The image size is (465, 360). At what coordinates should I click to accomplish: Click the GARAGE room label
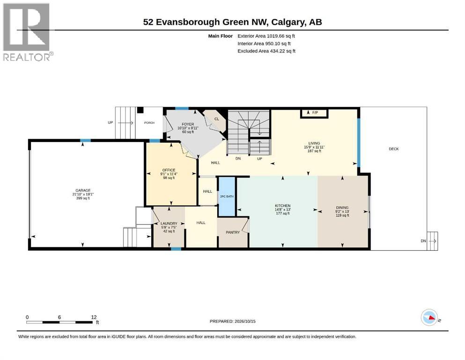[83, 190]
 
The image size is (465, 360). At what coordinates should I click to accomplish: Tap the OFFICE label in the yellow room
[169, 170]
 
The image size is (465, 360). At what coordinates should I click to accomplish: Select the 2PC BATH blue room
[227, 196]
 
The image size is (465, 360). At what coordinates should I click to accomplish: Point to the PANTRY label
[233, 232]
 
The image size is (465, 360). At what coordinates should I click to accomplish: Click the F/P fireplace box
[314, 113]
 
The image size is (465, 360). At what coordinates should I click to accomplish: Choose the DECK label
[394, 149]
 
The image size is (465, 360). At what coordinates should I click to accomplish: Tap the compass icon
[429, 317]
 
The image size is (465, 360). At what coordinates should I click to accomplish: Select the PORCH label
[149, 122]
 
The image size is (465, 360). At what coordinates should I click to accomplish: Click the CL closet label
[217, 119]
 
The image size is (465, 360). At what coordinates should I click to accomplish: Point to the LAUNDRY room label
[169, 224]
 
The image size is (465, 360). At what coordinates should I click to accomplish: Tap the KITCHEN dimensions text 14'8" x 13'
[283, 210]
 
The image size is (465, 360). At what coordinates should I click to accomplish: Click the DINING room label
[342, 208]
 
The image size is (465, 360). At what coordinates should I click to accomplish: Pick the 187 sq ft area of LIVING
[314, 151]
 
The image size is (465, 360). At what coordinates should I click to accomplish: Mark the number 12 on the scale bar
[94, 317]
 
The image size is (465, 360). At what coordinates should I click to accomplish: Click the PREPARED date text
[232, 321]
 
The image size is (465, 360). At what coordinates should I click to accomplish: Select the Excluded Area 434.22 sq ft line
[266, 51]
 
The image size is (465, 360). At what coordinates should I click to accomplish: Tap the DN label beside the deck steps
[423, 241]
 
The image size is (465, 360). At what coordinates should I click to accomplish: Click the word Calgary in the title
[288, 22]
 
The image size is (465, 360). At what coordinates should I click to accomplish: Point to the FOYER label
[188, 124]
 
